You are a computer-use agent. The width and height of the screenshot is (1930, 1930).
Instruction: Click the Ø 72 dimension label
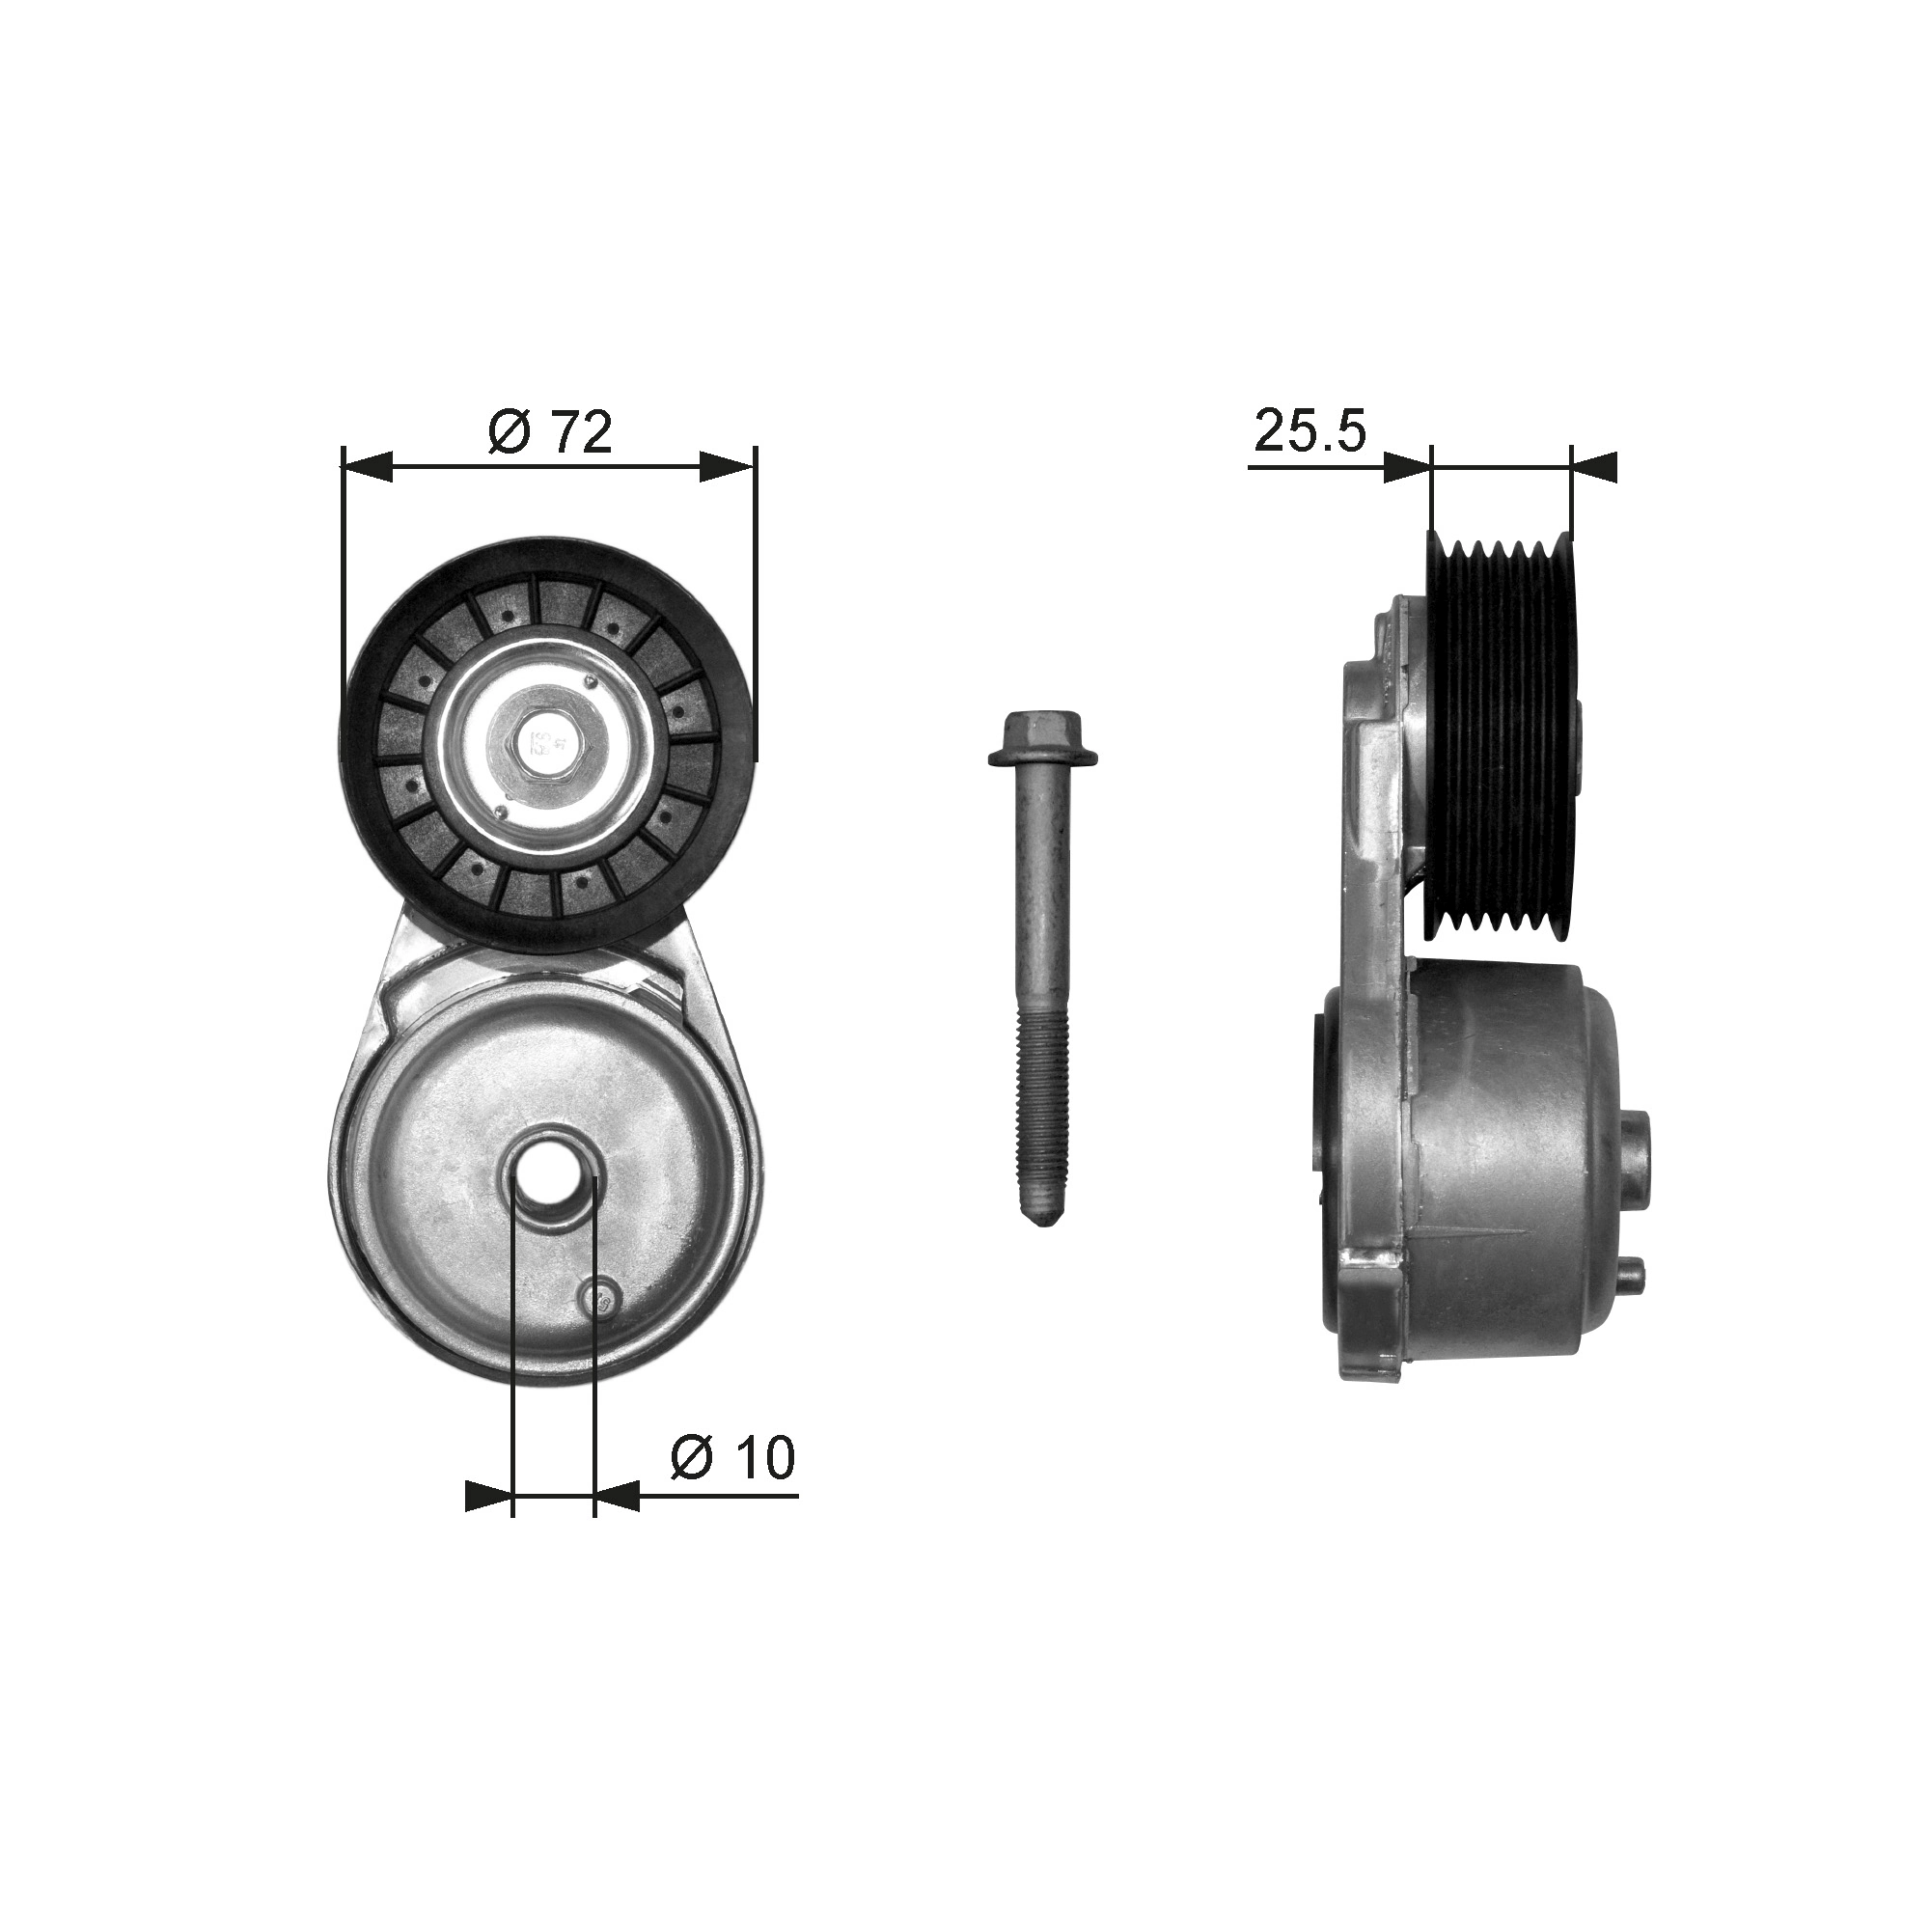click(549, 432)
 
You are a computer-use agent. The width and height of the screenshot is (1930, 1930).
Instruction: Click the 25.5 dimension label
click(1310, 430)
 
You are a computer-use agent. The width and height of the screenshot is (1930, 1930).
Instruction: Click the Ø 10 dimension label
click(732, 1457)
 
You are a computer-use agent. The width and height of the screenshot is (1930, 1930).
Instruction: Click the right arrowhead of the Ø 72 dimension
click(730, 465)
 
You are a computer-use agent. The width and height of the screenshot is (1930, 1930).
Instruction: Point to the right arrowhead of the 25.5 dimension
click(1594, 465)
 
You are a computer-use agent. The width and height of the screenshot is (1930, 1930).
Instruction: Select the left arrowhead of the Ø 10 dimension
click(489, 1524)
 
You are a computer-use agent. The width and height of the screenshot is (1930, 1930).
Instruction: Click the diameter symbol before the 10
click(690, 1457)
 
